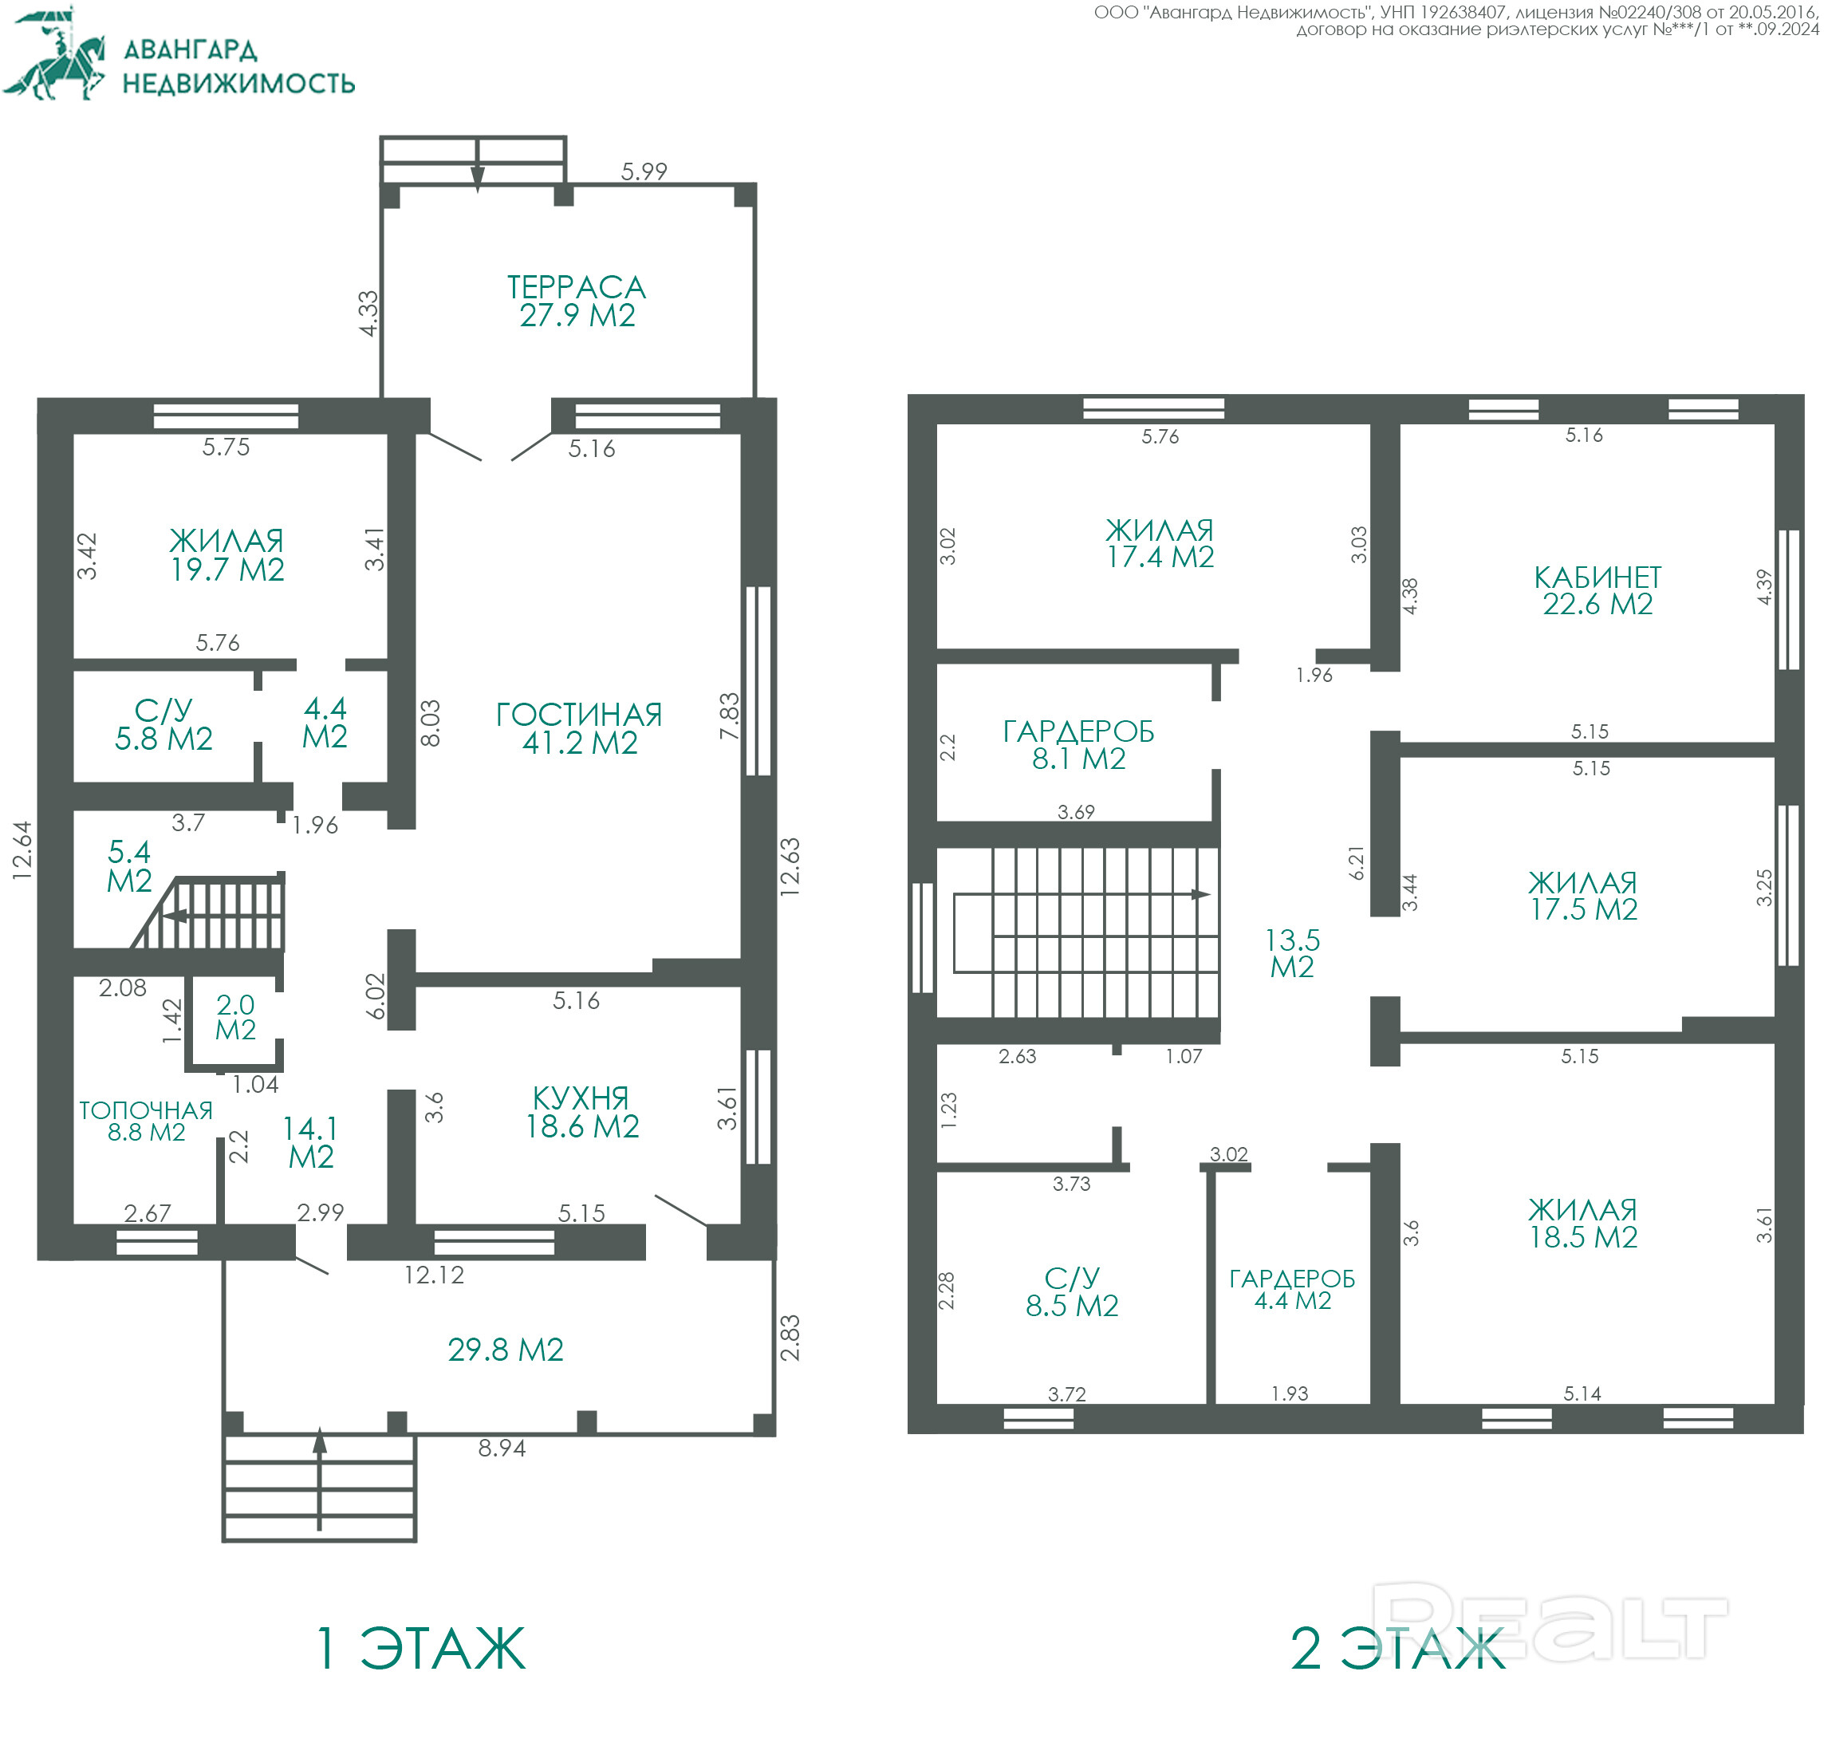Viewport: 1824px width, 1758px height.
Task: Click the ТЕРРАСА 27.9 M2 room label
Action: click(577, 301)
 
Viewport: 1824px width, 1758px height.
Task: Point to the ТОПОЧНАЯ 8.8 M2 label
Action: click(146, 1121)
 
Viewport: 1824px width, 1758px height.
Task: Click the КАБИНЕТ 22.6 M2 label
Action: click(1597, 590)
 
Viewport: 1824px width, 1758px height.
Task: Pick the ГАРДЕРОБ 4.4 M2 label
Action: click(1292, 1289)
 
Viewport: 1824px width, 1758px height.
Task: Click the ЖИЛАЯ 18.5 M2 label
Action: click(1583, 1223)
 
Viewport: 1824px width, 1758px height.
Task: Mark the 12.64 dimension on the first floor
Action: click(22, 849)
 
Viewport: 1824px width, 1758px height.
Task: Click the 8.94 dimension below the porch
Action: click(502, 1447)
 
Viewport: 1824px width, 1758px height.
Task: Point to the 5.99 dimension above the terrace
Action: click(644, 171)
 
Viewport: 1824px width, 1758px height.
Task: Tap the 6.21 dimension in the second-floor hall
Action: click(1357, 863)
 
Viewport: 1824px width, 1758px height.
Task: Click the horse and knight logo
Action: click(55, 56)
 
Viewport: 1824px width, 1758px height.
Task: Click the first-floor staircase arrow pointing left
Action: click(176, 916)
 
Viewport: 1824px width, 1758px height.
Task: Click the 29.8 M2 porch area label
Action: click(506, 1349)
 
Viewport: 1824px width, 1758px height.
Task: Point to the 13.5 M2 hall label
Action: click(1292, 953)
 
